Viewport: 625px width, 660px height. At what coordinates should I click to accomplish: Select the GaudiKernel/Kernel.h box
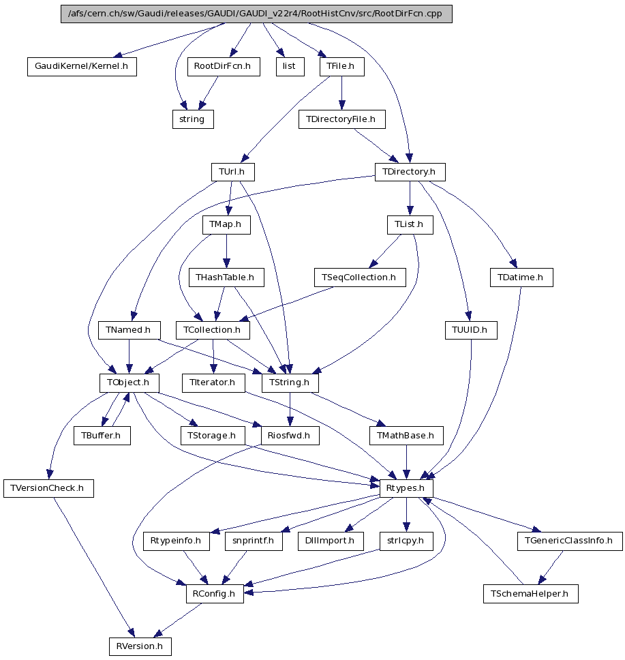click(82, 67)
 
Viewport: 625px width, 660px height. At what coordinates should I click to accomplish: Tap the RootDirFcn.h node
click(223, 67)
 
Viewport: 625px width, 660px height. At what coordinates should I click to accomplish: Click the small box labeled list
click(290, 67)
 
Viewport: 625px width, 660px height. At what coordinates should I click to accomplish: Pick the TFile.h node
click(341, 67)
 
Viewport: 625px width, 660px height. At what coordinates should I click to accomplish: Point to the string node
click(192, 119)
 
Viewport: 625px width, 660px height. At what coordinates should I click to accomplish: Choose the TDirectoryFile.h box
click(341, 119)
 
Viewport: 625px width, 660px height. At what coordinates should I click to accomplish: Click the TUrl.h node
click(232, 172)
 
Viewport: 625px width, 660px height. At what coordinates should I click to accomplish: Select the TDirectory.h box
click(410, 172)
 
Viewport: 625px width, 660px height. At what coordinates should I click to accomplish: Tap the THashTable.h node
click(225, 277)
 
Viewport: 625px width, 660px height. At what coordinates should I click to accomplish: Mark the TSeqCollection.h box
click(360, 277)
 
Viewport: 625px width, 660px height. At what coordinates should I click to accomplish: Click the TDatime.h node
click(521, 277)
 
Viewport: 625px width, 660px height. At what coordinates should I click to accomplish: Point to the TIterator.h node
click(209, 383)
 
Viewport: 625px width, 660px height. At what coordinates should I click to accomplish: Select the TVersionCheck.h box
click(48, 488)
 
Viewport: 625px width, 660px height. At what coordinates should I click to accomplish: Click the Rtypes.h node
click(406, 488)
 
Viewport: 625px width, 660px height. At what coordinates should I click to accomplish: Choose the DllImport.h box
click(331, 541)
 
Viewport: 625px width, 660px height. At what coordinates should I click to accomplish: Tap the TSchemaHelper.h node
click(531, 594)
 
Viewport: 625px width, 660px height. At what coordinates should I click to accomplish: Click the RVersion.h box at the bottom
click(140, 646)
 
